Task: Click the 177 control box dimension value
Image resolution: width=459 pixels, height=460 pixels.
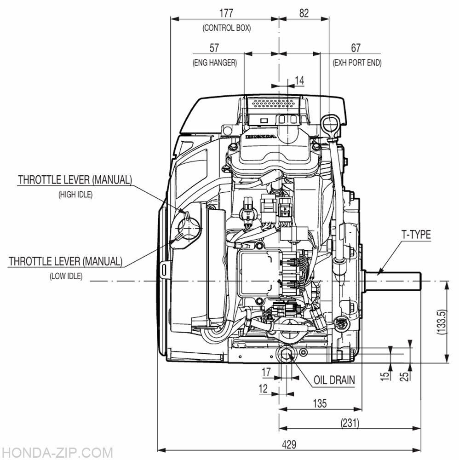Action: point(226,13)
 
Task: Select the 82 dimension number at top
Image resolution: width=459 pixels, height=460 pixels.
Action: point(304,13)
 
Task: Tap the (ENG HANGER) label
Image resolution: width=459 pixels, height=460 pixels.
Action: point(215,63)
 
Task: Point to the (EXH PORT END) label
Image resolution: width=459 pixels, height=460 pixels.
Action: point(357,63)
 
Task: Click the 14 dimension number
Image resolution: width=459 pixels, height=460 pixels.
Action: point(299,80)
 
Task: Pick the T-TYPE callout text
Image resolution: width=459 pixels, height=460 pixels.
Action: point(416,235)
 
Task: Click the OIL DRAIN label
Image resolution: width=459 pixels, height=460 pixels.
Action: point(334,380)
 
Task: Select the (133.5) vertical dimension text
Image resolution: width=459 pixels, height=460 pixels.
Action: point(442,322)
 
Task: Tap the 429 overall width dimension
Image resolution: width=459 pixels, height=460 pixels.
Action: point(289,445)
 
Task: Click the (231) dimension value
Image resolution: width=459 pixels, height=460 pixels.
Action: point(350,423)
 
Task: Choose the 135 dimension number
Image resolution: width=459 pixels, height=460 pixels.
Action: point(319,404)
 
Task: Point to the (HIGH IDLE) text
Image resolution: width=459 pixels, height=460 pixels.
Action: point(75,195)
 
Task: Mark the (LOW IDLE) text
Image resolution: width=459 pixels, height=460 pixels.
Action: point(66,276)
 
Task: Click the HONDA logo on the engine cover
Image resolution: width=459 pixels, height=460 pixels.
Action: point(261,137)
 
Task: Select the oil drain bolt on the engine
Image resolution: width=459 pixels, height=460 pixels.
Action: point(285,354)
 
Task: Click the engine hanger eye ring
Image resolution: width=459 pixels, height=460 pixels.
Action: point(330,125)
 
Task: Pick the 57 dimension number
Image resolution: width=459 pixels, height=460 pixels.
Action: point(214,48)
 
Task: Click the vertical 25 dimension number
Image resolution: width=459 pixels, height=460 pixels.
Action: point(404,376)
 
